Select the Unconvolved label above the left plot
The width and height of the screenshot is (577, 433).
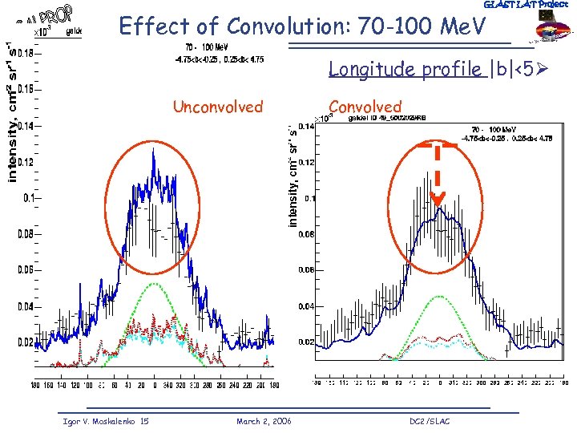pyautogui.click(x=217, y=107)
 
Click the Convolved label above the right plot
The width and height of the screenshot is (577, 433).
pyautogui.click(x=365, y=107)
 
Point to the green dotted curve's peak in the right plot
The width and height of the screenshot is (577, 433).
pyautogui.click(x=439, y=297)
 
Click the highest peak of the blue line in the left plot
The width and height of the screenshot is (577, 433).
pyautogui.click(x=153, y=151)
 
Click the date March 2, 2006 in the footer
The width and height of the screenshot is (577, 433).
pyautogui.click(x=264, y=421)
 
